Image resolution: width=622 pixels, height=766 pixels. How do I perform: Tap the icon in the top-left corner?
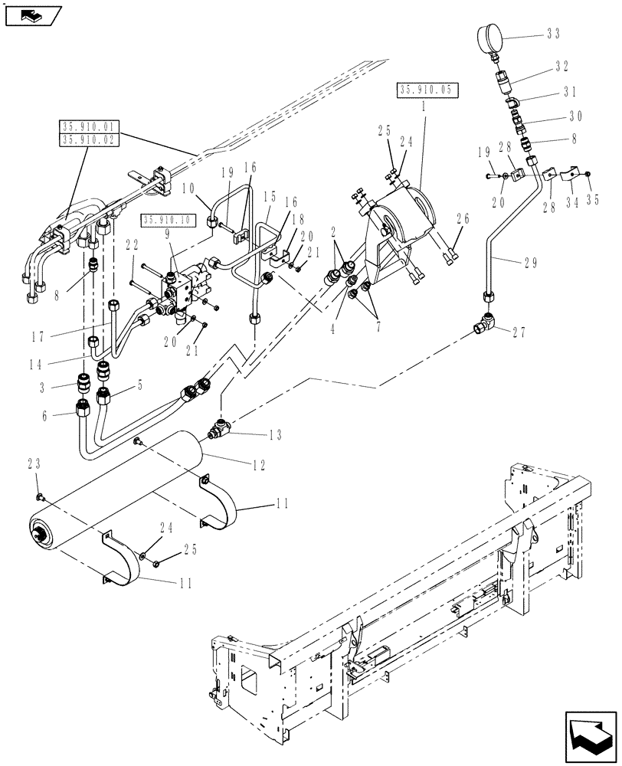point(28,14)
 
